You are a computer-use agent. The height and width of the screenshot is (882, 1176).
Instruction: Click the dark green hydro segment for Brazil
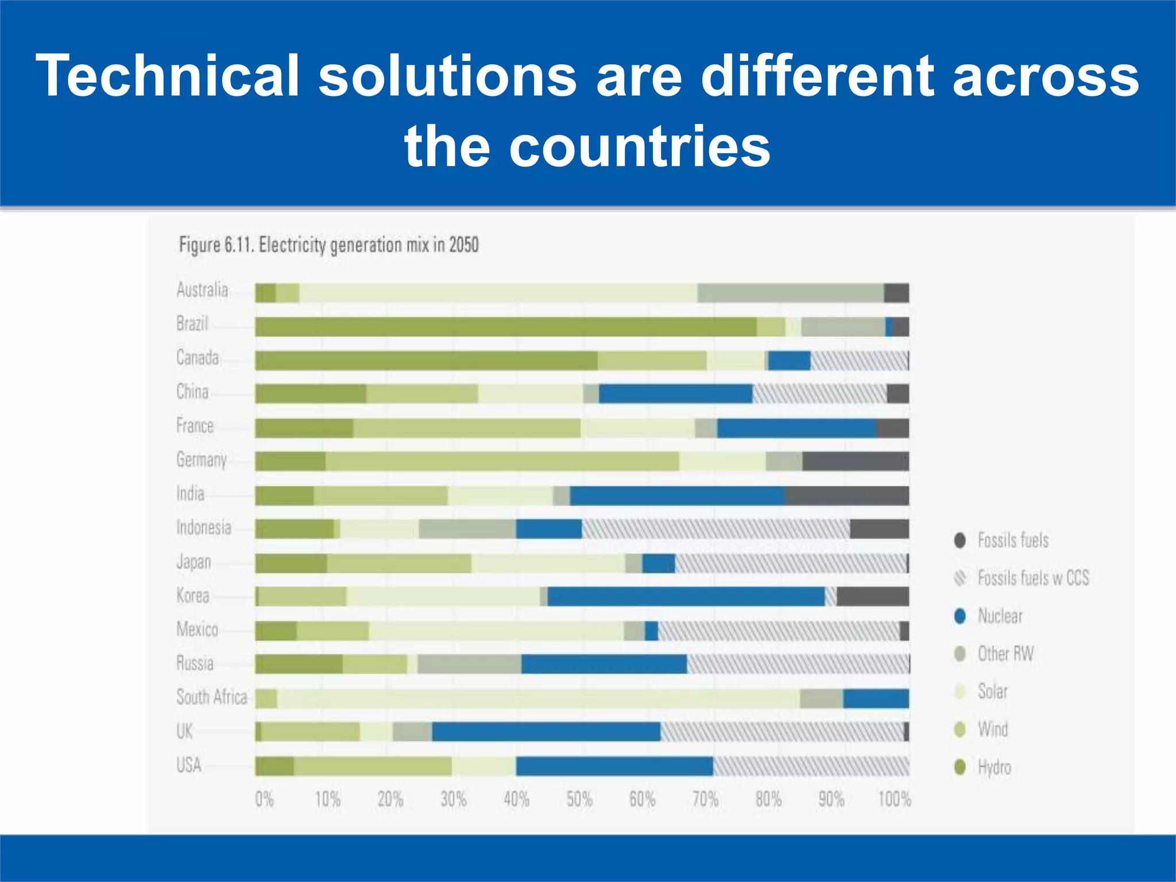[505, 327]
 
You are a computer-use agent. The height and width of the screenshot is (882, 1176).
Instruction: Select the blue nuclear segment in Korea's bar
[686, 597]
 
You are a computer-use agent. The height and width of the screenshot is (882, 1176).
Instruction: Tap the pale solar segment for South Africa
[538, 698]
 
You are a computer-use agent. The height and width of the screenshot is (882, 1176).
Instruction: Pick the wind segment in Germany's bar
[502, 462]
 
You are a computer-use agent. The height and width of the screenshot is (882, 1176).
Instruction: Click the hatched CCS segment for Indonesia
[715, 529]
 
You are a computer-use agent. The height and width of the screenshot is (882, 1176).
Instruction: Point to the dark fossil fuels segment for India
[846, 496]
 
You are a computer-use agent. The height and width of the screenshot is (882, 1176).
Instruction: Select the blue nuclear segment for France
[796, 428]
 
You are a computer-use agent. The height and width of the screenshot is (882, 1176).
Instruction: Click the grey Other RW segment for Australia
[790, 293]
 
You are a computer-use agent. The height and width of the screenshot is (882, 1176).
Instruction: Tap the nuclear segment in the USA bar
[614, 766]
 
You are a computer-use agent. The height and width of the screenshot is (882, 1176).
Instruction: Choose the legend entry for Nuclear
[1000, 616]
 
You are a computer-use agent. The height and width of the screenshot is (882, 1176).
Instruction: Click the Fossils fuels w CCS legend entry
[1032, 578]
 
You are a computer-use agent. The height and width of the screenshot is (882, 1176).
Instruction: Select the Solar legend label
[992, 691]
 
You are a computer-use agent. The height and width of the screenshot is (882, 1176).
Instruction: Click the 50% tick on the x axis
[579, 799]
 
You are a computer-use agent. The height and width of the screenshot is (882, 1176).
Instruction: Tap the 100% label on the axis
[894, 799]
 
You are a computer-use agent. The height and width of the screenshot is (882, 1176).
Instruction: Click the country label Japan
[194, 562]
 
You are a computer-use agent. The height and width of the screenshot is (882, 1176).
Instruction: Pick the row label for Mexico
[197, 630]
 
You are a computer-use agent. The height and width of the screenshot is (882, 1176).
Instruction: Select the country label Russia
[195, 664]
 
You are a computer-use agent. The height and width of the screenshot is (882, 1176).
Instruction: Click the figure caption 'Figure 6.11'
[215, 245]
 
